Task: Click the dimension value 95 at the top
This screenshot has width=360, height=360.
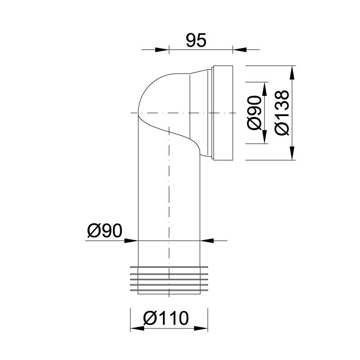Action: (196, 40)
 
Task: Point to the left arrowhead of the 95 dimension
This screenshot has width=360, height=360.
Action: (162, 49)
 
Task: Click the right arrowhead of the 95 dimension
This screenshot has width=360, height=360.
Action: (238, 49)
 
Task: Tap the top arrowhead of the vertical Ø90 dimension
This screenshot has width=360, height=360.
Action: (264, 88)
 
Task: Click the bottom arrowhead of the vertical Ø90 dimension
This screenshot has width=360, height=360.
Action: (264, 138)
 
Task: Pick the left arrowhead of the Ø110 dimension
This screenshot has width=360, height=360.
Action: (137, 329)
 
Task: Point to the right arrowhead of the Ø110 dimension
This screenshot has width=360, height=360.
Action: (201, 329)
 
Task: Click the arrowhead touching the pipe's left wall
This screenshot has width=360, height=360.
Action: (131, 240)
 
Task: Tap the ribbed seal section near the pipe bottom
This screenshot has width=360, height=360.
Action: (169, 279)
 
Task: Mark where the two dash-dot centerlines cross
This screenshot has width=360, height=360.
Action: (169, 112)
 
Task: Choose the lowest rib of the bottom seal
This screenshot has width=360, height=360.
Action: (169, 290)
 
